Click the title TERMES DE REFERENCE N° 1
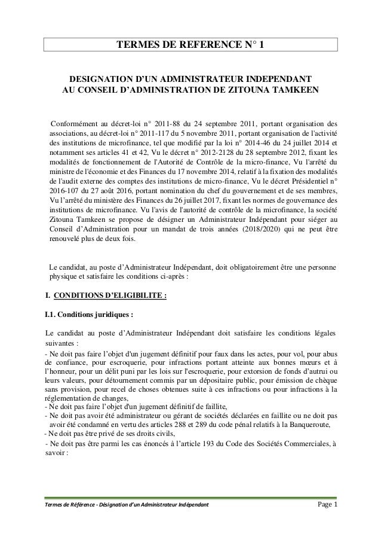tap(190, 44)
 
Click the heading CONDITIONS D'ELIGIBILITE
tap(110, 295)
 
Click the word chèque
tap(324, 380)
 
